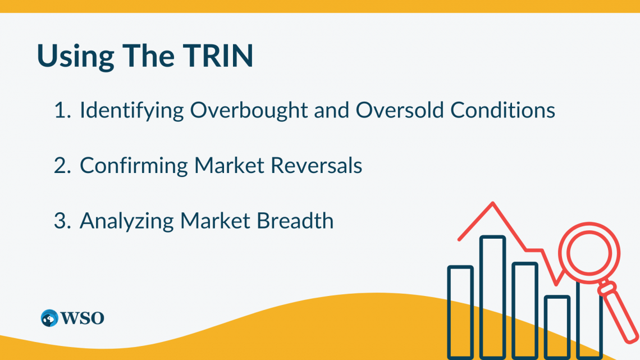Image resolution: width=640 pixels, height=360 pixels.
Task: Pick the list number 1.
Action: pos(60,111)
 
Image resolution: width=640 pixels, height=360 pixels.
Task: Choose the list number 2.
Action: pos(61,166)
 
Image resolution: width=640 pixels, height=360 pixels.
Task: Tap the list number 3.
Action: pos(61,221)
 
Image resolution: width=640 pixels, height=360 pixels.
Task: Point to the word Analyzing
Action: pos(126,221)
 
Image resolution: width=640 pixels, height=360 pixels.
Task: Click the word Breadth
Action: pos(295,221)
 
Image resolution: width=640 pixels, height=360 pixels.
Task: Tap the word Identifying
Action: pos(131,111)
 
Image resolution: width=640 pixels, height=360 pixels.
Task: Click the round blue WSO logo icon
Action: pos(49,318)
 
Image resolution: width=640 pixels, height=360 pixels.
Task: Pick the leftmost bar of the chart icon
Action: pos(460,312)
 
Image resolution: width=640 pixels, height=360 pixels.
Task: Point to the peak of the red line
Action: pos(492,203)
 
